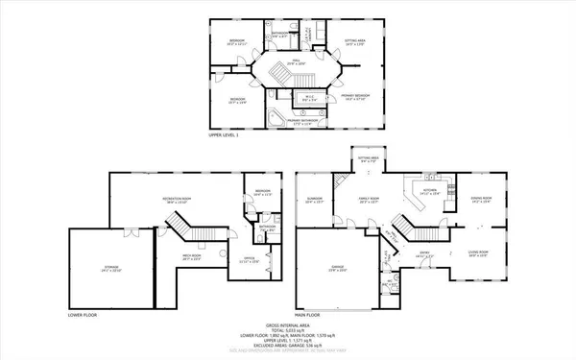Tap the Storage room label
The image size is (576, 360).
click(x=111, y=270)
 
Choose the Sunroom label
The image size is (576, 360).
click(x=314, y=201)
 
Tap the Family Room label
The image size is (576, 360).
click(x=369, y=201)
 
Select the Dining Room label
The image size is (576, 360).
click(x=481, y=200)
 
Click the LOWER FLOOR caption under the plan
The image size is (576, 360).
click(x=84, y=314)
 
